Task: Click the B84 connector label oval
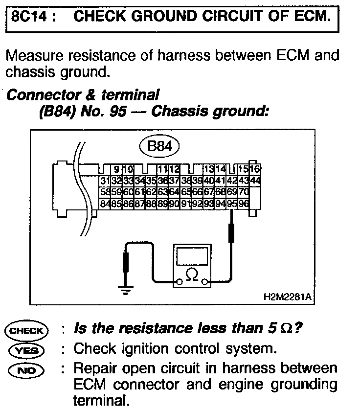coord(159,145)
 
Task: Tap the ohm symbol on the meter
coord(193,276)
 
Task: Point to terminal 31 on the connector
coord(104,181)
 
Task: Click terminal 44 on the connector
coord(255,181)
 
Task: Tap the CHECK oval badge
coord(26,330)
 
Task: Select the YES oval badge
coord(26,349)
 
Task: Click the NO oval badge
coord(26,368)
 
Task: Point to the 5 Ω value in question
coord(285,330)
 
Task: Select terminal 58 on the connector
coord(104,192)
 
